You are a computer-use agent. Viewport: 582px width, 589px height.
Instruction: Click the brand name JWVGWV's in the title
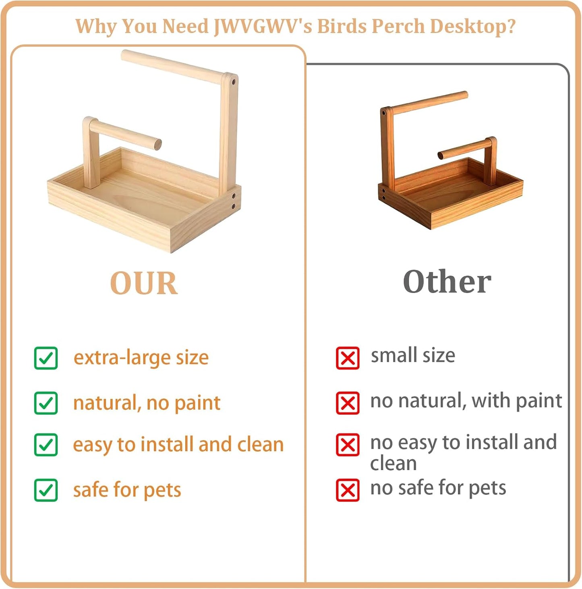[x=262, y=27]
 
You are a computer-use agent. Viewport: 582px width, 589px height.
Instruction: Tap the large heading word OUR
[x=144, y=283]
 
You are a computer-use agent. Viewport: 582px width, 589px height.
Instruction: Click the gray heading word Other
[x=447, y=282]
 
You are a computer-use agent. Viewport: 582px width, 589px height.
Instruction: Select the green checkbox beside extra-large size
[x=46, y=358]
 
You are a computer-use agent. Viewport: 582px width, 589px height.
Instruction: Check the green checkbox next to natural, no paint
[x=46, y=403]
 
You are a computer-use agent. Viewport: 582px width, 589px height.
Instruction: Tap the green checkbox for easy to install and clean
[x=46, y=445]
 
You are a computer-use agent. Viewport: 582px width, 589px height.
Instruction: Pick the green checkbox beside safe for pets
[x=46, y=490]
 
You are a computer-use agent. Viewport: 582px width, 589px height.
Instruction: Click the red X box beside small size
[x=348, y=358]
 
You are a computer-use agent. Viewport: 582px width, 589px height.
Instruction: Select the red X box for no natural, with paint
[x=348, y=403]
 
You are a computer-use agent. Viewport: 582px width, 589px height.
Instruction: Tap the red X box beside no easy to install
[x=348, y=445]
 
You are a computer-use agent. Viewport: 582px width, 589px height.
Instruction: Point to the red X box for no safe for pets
[x=348, y=490]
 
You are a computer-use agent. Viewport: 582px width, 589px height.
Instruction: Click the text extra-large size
[x=141, y=358]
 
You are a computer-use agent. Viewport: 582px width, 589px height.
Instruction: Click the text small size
[x=413, y=355]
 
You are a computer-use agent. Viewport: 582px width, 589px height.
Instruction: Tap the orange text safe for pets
[x=127, y=490]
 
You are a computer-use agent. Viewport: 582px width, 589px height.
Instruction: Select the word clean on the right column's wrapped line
[x=393, y=463]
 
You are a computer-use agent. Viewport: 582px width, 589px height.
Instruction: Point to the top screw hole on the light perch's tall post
[x=233, y=82]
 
